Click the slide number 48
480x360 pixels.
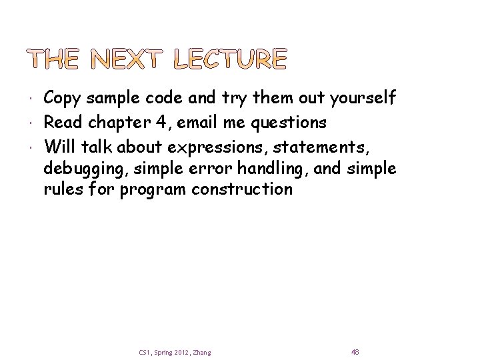point(355,351)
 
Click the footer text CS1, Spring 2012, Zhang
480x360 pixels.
point(175,352)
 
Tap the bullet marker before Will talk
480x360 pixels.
point(33,145)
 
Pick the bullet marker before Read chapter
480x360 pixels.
point(33,122)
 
